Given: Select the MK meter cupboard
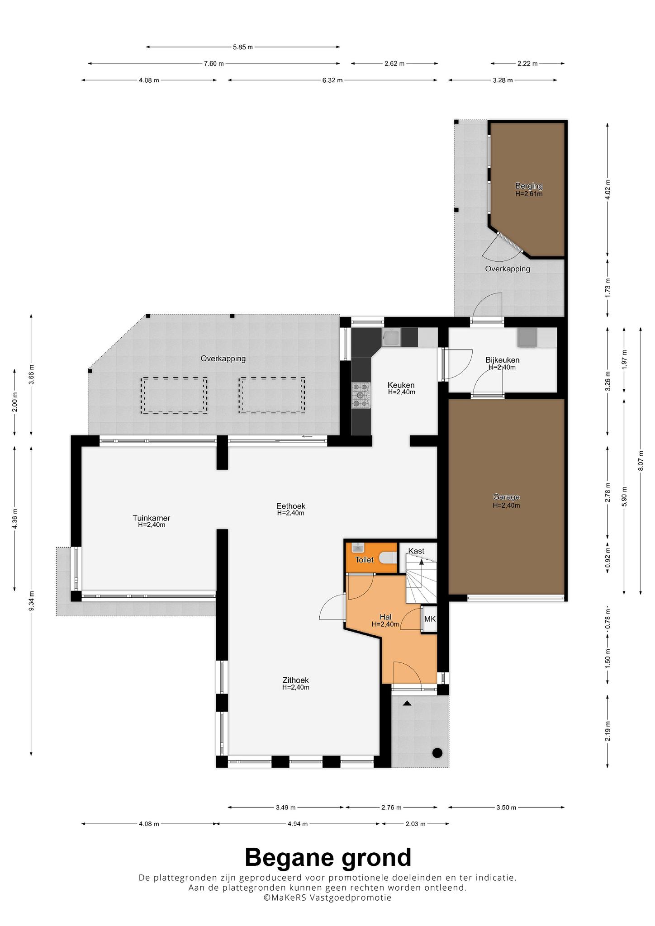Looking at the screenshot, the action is (430, 619).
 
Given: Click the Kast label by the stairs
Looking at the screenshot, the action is (416, 551).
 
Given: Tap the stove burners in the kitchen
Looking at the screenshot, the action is (361, 395).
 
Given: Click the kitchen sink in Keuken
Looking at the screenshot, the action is (391, 337).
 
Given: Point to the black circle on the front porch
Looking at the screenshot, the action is (437, 752).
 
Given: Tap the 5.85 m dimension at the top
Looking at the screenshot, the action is (243, 47).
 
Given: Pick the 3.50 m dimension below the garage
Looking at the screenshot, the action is (506, 807).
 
